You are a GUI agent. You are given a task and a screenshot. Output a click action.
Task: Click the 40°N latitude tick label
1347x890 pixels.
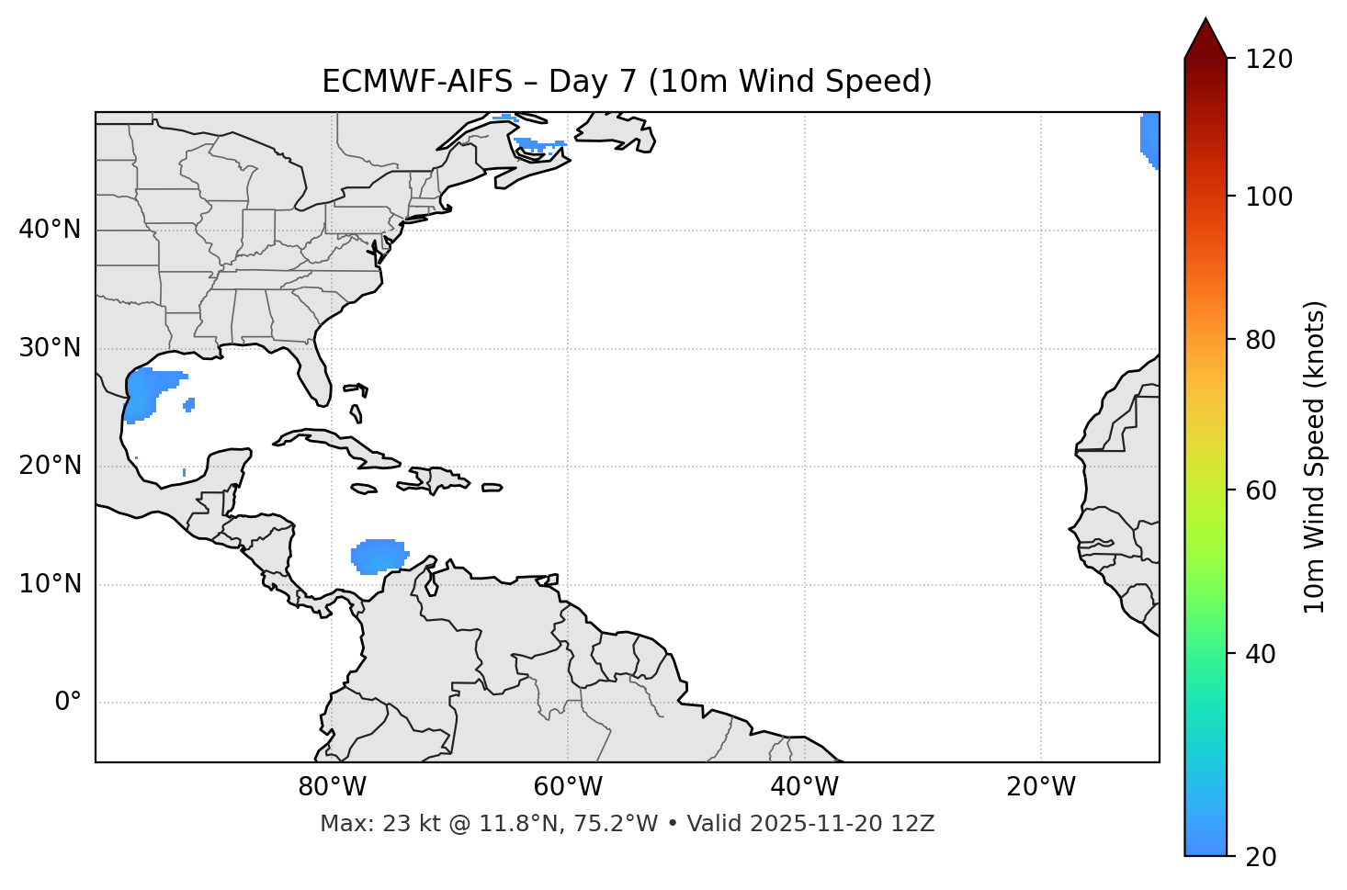pyautogui.click(x=50, y=230)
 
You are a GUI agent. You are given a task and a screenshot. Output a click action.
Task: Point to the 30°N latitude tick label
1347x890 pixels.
pyautogui.click(x=50, y=348)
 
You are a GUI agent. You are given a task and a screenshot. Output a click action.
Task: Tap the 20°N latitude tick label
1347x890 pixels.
pyautogui.click(x=50, y=466)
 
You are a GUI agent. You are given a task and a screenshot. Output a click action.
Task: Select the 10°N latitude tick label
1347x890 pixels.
pyautogui.click(x=50, y=584)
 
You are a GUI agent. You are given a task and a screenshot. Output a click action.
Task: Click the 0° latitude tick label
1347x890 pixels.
pyautogui.click(x=68, y=702)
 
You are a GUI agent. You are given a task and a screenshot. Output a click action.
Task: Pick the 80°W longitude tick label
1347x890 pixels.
pyautogui.click(x=332, y=787)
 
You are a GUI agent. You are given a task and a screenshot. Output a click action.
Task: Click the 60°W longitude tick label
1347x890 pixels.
pyautogui.click(x=568, y=787)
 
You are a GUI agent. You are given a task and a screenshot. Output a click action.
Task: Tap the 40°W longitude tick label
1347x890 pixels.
pyautogui.click(x=805, y=787)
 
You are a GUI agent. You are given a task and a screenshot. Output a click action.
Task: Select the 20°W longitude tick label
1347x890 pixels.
pyautogui.click(x=1041, y=787)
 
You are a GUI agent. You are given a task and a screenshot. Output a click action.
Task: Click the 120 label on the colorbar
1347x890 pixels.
pyautogui.click(x=1269, y=59)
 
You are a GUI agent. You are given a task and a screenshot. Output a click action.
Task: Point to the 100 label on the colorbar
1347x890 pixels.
pyautogui.click(x=1269, y=197)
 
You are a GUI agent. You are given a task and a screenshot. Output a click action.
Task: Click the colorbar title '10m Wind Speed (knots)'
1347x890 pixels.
pyautogui.click(x=1315, y=456)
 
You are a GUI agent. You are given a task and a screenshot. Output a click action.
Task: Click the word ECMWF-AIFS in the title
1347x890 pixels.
pyautogui.click(x=417, y=82)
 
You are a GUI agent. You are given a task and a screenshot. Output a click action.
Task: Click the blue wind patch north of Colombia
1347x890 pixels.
pyautogui.click(x=378, y=557)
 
